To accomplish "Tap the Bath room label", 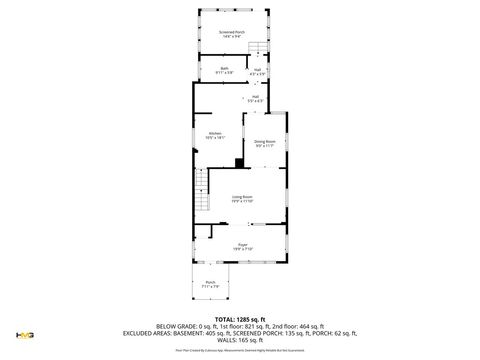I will point(224,68).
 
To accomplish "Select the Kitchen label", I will point(214,133).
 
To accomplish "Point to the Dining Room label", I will point(264,142).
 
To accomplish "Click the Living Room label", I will point(242,197).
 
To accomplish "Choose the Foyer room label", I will point(242,245).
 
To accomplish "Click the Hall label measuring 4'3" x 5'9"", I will point(257,69).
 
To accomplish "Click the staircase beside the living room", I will point(201,205).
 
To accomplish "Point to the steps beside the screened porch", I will point(257,49).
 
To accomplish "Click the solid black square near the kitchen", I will point(239,163).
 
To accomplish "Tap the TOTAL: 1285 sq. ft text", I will point(240,318).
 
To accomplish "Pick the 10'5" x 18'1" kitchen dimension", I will point(214,138).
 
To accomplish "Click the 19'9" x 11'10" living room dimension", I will point(242,202).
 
